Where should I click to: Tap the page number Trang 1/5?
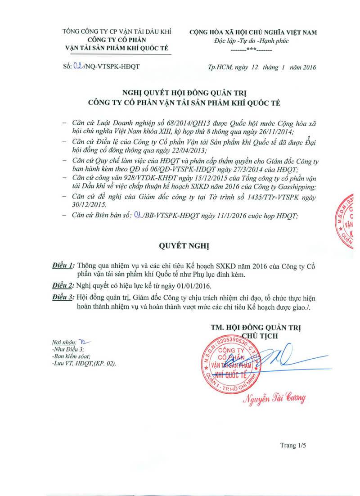point(293,445)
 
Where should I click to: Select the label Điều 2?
point(63,286)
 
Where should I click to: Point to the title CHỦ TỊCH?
point(260,335)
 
